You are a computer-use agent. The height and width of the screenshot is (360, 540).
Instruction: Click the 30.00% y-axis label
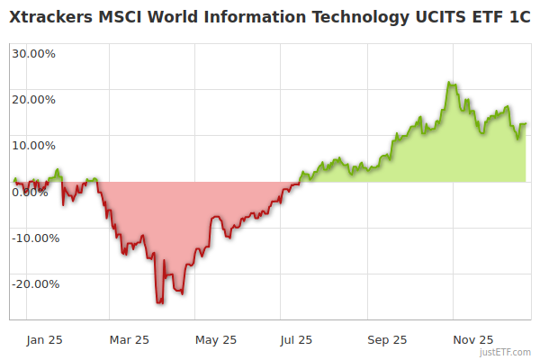[x=34, y=52]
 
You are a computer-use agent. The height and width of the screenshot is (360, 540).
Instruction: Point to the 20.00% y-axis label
[x=34, y=99]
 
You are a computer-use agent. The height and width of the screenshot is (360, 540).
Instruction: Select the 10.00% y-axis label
[x=34, y=145]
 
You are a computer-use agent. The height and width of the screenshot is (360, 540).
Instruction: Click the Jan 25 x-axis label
[x=45, y=339]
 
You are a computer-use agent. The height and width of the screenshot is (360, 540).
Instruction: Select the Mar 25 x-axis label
[x=130, y=339]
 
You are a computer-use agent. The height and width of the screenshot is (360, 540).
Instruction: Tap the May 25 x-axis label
[x=216, y=339]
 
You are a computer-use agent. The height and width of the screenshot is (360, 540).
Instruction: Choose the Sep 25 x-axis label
[x=387, y=339]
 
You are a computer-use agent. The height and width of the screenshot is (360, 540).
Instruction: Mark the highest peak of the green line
[x=448, y=83]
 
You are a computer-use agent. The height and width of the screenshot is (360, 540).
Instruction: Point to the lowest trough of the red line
[x=159, y=303]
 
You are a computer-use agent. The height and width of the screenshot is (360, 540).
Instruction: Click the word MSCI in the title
[x=117, y=18]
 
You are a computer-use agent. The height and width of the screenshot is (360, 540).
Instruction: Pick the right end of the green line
[x=526, y=124]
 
